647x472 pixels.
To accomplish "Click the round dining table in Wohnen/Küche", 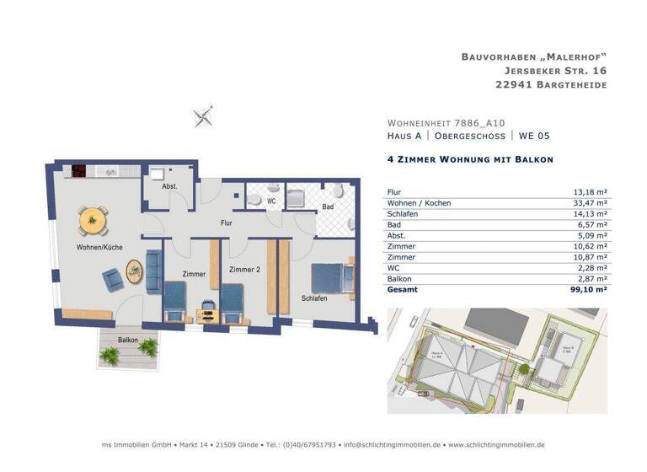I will coord(93,221).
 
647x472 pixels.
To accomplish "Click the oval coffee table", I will coord(134,271).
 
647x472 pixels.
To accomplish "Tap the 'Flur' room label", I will coord(226,223).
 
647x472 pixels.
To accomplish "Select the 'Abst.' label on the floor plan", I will coord(168,186).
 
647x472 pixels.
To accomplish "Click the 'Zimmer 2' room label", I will coord(243,270).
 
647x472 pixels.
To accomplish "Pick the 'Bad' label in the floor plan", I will coord(328,206).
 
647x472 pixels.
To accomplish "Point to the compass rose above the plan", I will coord(203,116).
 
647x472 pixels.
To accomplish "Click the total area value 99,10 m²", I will coord(590,288).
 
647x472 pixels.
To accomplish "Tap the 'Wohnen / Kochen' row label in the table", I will coord(419,203).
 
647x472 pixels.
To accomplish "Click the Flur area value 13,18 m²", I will coord(591,192).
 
